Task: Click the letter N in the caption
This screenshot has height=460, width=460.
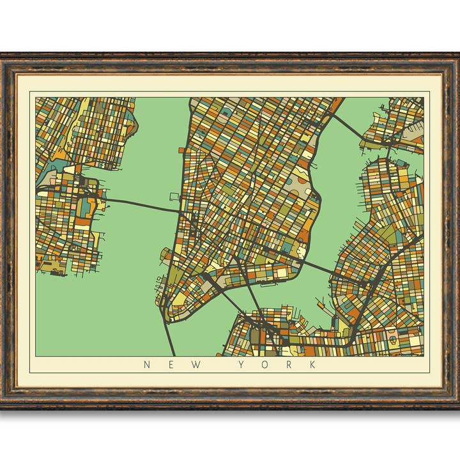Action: coord(147,365)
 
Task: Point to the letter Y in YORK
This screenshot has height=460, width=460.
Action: coord(242,365)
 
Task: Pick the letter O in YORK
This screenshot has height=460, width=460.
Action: coord(266,365)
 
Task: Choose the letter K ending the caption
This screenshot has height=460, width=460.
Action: coord(312,365)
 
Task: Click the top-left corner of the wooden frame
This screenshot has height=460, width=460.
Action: coord(3,54)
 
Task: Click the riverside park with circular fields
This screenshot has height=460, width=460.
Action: coord(300,185)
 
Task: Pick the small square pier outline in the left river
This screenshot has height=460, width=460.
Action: coord(174,196)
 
